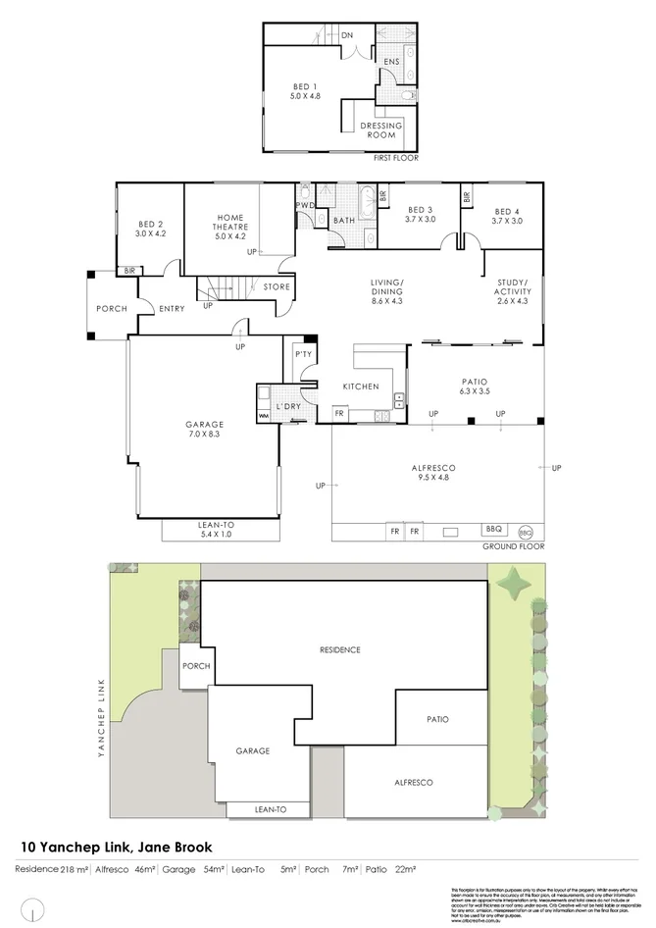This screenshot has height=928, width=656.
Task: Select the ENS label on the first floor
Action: [391, 62]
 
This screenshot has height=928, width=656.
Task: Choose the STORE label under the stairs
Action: [277, 287]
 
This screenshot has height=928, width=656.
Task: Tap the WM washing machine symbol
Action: [263, 417]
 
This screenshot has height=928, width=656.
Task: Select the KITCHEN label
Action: [360, 387]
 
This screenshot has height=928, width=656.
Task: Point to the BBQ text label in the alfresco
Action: [493, 530]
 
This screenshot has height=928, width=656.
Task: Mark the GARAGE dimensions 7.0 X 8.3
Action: [205, 434]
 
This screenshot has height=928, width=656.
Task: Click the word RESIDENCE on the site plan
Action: [339, 649]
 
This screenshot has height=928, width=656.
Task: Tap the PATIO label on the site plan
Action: [437, 719]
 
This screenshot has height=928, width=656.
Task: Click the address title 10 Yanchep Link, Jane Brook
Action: [117, 847]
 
